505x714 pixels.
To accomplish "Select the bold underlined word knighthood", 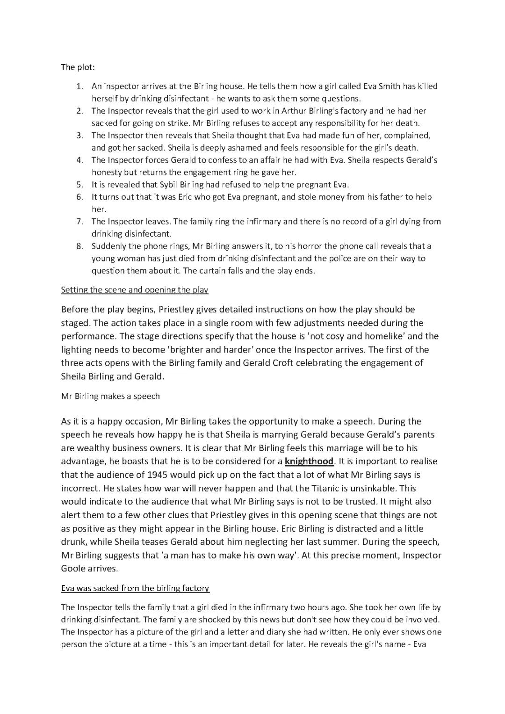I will (309, 462).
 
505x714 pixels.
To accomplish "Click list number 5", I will (79, 185).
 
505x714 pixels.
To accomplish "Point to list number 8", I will (79, 246).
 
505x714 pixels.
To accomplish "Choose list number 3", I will (79, 136).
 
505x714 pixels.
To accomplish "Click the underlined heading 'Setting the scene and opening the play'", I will (135, 290).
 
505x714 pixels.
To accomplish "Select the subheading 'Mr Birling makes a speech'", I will (110, 397).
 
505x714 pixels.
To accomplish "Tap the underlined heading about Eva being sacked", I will (135, 588).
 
